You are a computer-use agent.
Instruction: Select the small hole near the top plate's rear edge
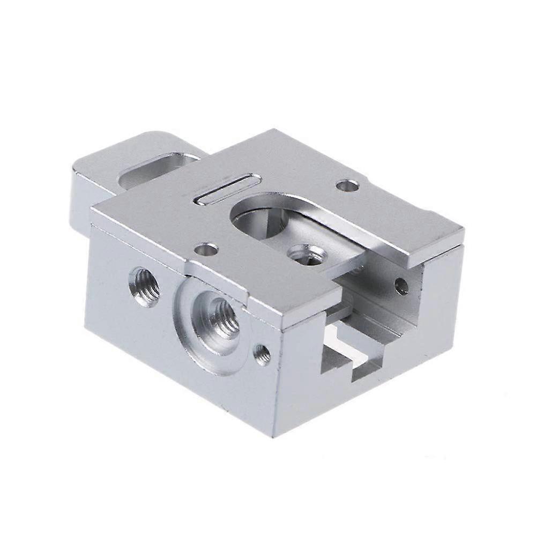[347, 186]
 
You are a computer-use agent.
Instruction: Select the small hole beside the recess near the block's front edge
[262, 354]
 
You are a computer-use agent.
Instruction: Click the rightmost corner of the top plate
[463, 232]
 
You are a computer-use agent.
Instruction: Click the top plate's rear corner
[274, 130]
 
